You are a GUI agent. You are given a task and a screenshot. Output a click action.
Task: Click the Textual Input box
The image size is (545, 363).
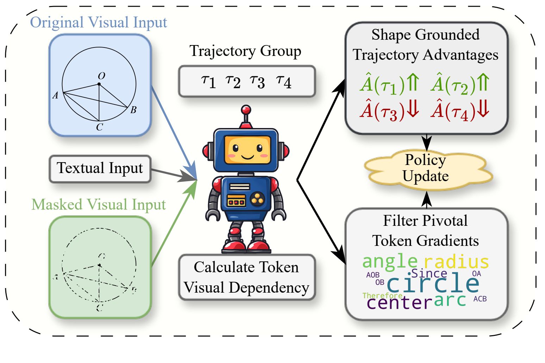pyautogui.click(x=100, y=168)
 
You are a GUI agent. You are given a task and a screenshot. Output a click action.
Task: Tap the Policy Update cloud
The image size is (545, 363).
pyautogui.click(x=426, y=168)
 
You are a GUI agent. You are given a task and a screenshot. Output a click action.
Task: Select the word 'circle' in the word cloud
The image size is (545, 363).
pyautogui.click(x=433, y=284)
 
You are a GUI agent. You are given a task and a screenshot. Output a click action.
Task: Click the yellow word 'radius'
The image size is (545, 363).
pyautogui.click(x=456, y=262)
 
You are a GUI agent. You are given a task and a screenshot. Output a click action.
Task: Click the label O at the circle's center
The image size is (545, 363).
pyautogui.click(x=101, y=76)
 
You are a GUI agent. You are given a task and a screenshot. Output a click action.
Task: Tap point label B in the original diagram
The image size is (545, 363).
pyautogui.click(x=133, y=110)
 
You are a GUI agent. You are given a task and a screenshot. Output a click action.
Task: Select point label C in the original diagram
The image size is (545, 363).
pyautogui.click(x=100, y=127)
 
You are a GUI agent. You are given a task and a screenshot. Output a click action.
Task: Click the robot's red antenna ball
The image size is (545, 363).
pyautogui.click(x=246, y=110)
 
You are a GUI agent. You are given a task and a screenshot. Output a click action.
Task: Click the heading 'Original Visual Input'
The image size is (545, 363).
pyautogui.click(x=99, y=23)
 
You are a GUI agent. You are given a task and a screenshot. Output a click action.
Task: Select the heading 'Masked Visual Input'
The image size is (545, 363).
pyautogui.click(x=99, y=204)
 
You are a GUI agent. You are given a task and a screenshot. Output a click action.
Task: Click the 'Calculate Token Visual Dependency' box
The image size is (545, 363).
pyautogui.click(x=246, y=277)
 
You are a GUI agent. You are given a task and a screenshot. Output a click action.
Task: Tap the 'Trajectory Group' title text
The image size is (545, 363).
pyautogui.click(x=245, y=51)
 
